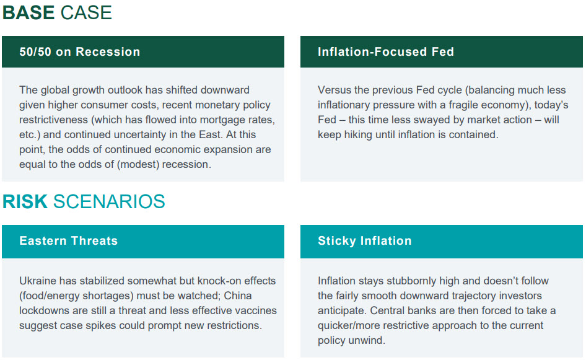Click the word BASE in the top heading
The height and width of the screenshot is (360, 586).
[28, 13]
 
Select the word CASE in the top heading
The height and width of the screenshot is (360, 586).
[86, 13]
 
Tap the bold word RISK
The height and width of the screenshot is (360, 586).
[25, 201]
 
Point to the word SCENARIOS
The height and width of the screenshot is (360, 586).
[109, 201]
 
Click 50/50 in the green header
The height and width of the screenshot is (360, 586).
[35, 51]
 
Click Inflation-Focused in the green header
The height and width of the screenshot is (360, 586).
[372, 51]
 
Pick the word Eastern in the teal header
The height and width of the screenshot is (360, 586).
[43, 241]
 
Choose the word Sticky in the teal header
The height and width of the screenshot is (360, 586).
[337, 241]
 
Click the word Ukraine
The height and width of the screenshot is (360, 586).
[38, 281]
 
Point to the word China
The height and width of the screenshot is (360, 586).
[238, 296]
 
